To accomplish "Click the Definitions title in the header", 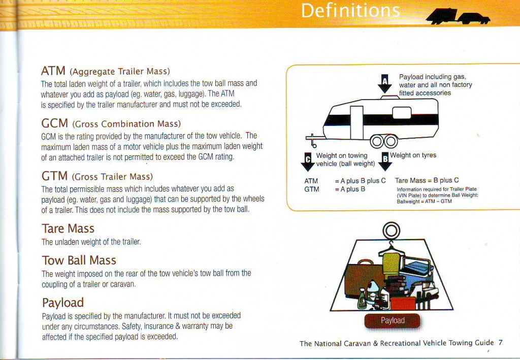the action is point(350,11).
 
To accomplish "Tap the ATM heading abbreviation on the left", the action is point(53,71).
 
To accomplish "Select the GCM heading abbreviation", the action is point(55,123).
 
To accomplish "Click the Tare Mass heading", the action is point(68,228).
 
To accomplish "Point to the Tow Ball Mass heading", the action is point(79,260).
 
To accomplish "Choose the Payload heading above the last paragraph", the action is point(63,303).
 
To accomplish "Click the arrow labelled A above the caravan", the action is point(385,84).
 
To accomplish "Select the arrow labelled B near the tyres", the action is point(385,161).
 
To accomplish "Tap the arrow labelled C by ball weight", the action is point(307,162).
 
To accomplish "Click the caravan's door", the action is point(357,123).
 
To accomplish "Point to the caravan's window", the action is point(402,112).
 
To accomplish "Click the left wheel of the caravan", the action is point(377,142).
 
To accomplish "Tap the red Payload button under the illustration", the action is point(393,320).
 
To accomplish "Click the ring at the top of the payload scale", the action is point(391,230).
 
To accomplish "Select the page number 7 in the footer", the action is point(500,342).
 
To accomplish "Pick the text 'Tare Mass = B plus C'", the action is point(427,180).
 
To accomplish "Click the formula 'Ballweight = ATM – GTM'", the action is point(424,201).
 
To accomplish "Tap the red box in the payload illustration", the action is point(403,303).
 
